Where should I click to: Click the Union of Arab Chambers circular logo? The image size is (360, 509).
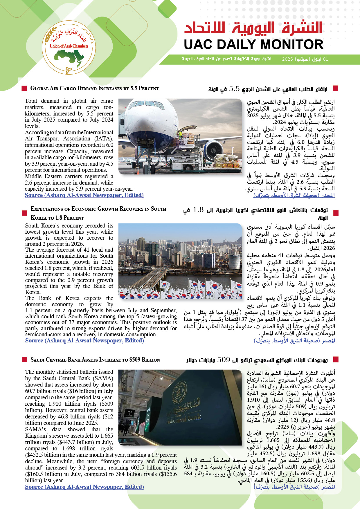69,47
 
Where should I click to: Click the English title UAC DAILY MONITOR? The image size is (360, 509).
253,45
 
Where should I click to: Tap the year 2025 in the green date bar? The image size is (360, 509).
287,59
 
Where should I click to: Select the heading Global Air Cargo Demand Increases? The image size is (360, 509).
94,89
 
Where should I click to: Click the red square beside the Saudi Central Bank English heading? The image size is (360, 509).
24,360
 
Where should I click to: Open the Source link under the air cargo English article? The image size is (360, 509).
84,195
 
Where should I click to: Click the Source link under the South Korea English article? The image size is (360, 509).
84,341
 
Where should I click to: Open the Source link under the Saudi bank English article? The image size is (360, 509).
84,487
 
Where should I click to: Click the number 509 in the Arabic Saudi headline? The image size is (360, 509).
224,360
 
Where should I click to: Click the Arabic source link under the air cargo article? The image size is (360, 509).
294,196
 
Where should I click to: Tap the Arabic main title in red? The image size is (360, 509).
253,28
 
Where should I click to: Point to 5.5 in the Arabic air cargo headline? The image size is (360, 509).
234,89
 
